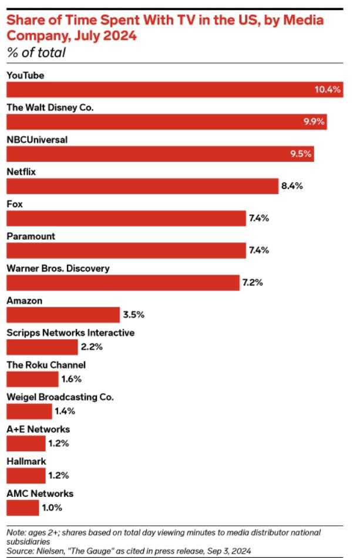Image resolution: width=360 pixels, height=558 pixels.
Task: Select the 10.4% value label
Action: pyautogui.click(x=328, y=90)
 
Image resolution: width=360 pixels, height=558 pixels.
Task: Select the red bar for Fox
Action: pyautogui.click(x=126, y=218)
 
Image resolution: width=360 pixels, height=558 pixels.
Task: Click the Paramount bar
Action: pyautogui.click(x=126, y=251)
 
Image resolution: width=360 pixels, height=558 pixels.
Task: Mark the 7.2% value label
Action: pyautogui.click(x=253, y=282)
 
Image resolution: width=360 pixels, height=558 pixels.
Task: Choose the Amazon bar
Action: pyautogui.click(x=63, y=314)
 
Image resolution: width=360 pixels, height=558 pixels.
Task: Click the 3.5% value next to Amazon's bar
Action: pyautogui.click(x=133, y=314)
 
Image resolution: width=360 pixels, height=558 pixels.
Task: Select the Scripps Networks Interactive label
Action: pyautogui.click(x=70, y=333)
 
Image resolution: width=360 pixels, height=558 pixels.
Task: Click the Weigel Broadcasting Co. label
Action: pyautogui.click(x=60, y=397)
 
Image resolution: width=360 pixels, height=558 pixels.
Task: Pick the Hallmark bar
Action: pyautogui.click(x=26, y=475)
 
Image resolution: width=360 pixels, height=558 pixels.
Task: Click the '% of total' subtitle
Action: pyautogui.click(x=36, y=53)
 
